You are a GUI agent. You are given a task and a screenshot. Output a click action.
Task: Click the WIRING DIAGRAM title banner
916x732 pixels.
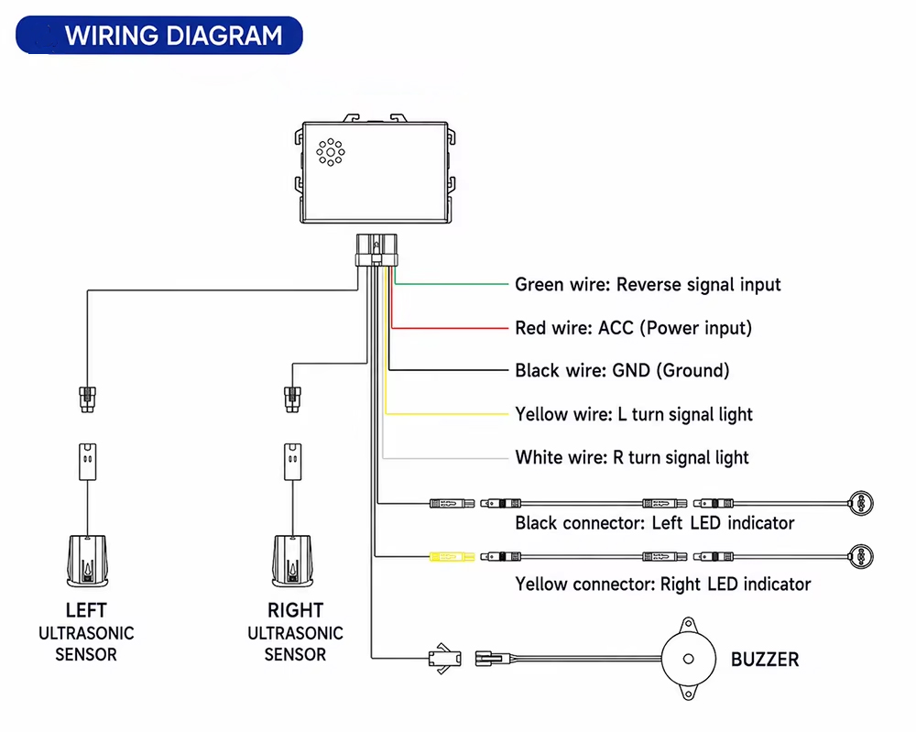(158, 35)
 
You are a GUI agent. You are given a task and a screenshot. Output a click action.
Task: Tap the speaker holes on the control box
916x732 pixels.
(331, 152)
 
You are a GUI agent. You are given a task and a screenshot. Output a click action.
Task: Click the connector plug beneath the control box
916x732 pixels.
(376, 250)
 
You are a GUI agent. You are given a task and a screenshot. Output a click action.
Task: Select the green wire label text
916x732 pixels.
(648, 285)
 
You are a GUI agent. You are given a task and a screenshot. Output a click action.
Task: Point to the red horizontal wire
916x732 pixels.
(450, 328)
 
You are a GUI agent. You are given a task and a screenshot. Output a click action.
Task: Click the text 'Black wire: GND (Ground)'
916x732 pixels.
(622, 370)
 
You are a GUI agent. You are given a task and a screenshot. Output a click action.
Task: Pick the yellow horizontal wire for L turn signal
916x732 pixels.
(447, 413)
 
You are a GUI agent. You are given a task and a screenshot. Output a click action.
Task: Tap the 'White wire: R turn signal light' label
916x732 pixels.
(631, 457)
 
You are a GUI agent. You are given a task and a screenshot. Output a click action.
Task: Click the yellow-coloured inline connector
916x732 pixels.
(453, 557)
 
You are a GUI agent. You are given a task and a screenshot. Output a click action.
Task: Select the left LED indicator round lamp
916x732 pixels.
(861, 503)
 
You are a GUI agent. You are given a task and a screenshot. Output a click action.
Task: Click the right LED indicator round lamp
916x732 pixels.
(861, 557)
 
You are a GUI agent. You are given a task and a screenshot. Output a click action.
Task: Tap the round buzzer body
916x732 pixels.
(689, 659)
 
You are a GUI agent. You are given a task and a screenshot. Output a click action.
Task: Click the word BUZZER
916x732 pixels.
(765, 660)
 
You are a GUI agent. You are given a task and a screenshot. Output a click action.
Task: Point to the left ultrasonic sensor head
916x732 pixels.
(88, 562)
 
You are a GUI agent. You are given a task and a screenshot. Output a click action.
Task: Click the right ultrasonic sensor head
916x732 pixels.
(293, 562)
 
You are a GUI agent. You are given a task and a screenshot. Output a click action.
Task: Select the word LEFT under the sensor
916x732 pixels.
(86, 610)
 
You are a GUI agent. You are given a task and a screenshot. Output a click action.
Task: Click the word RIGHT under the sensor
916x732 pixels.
(295, 610)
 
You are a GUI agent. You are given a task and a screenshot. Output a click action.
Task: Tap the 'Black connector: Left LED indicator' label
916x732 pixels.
(654, 523)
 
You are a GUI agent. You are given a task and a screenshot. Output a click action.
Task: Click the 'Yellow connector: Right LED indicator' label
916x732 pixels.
(662, 585)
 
